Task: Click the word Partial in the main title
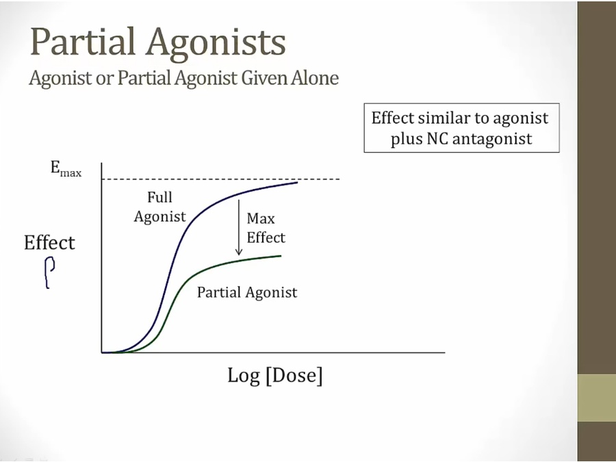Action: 83,41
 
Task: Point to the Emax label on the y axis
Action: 66,169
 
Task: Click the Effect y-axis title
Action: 49,242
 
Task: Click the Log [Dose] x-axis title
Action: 275,375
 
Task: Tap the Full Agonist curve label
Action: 159,207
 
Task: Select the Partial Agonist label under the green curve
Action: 247,293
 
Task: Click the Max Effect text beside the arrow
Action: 266,228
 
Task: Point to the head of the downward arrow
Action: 238,255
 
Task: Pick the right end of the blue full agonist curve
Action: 298,182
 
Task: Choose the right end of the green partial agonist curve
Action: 281,256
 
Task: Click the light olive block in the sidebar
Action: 597,398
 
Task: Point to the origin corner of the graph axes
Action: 102,352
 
